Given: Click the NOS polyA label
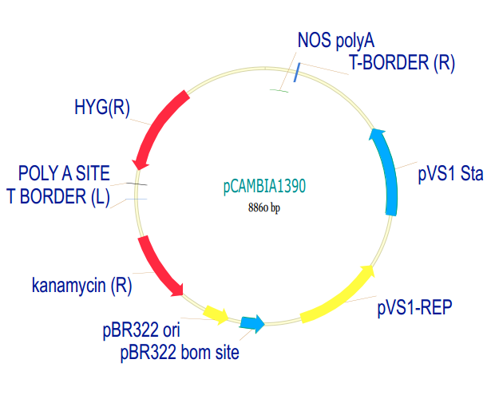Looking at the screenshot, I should [335, 39].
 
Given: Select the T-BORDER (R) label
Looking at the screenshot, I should [402, 64].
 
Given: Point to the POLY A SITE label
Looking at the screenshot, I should [65, 173].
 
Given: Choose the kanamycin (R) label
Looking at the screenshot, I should [82, 285].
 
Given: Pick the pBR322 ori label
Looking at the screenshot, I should [140, 330].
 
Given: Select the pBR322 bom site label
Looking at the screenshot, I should [180, 350].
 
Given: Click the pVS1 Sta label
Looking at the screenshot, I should [451, 173].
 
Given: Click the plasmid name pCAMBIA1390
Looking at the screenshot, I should [264, 187].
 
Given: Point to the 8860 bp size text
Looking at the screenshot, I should [264, 208].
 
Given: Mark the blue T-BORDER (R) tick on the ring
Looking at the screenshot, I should [296, 73].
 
